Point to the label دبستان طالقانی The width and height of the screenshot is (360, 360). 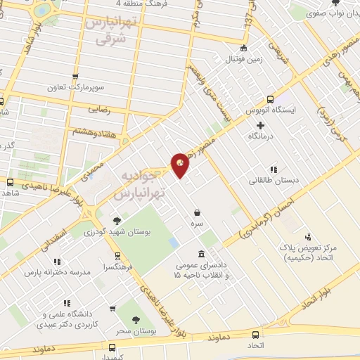point(274,180)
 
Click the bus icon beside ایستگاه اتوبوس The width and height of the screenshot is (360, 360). point(250,111)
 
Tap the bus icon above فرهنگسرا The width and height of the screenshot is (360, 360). point(117,256)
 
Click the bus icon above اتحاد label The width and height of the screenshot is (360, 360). point(255,335)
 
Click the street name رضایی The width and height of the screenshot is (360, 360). point(98,110)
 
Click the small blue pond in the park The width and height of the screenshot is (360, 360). point(172,242)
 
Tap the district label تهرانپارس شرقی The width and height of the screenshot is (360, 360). point(108,31)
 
